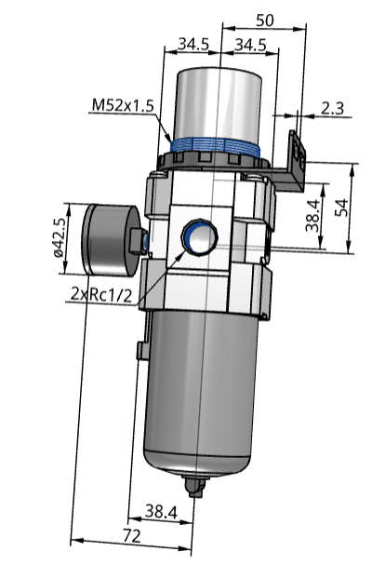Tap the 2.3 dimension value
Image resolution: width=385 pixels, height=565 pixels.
click(x=330, y=108)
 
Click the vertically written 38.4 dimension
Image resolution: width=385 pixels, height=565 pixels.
click(x=313, y=216)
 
